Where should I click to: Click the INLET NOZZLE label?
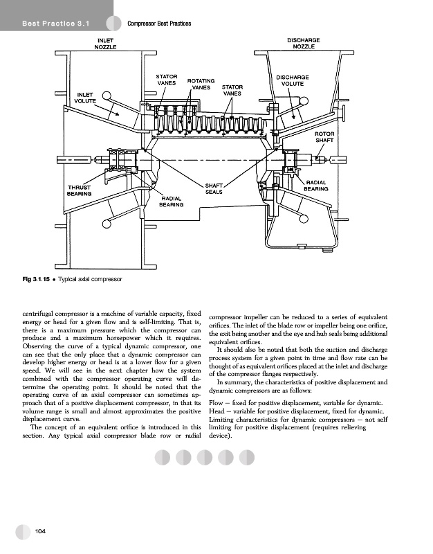point(104,43)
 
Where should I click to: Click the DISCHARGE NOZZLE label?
point(303,43)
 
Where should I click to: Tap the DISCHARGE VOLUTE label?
point(293,80)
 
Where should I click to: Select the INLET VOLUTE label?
point(86,97)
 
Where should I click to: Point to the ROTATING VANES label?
point(201,84)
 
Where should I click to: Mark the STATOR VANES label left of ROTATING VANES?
point(167,78)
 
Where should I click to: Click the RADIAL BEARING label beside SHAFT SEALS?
point(171,202)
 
